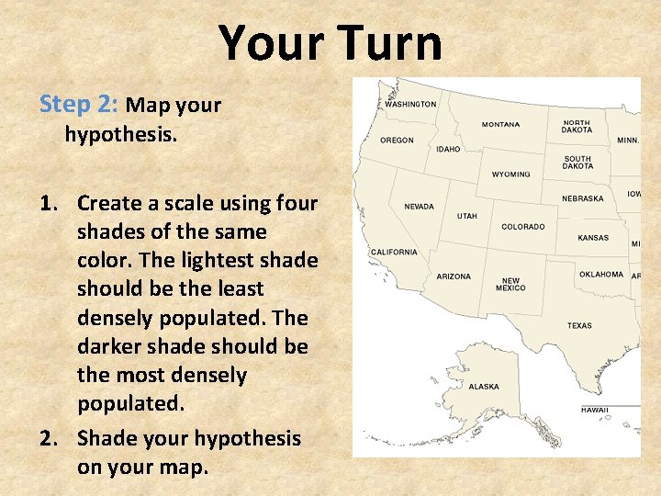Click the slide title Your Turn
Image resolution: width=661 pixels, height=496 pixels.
[330, 43]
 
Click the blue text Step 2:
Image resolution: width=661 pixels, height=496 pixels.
[79, 104]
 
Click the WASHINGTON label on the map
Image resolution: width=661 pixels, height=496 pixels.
[410, 105]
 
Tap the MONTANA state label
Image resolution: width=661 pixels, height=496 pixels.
[500, 125]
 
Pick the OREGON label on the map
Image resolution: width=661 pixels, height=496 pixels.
[397, 141]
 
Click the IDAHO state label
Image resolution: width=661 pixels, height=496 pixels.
[449, 149]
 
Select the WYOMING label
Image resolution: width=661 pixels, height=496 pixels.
[510, 175]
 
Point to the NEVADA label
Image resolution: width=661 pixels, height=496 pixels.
[419, 207]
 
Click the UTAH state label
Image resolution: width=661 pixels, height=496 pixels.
[467, 217]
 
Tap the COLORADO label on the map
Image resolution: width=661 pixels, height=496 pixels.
[522, 227]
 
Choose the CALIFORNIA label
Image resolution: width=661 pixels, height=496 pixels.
[394, 252]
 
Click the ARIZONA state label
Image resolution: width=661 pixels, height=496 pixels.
[454, 276]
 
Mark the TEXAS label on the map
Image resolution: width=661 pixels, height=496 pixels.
[579, 325]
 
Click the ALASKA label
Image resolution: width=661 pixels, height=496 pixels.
[484, 387]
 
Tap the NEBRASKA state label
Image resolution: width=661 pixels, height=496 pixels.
[583, 198]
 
